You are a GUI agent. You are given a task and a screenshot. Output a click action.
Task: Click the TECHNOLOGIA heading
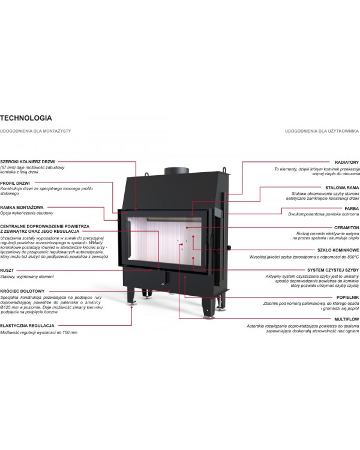click(x=26, y=118)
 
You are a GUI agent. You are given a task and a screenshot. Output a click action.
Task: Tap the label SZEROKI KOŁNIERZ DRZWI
click(x=28, y=162)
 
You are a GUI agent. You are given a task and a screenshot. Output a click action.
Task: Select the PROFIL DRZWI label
click(x=15, y=184)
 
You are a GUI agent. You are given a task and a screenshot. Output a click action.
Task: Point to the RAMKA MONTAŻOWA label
click(x=22, y=208)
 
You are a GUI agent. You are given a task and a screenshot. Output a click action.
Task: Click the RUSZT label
click(x=7, y=271)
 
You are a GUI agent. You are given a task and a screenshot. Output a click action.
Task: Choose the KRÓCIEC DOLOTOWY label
click(x=22, y=291)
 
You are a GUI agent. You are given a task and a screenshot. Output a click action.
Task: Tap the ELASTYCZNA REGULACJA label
click(x=27, y=326)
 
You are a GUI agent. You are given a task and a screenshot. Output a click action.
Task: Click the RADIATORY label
click(x=347, y=163)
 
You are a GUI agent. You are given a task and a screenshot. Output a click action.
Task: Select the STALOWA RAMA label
click(x=342, y=188)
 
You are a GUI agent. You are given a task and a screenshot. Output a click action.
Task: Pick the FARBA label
click(x=352, y=209)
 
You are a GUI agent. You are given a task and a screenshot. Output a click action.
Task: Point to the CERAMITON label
click(x=347, y=228)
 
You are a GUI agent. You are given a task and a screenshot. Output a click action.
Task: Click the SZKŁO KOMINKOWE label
click(x=338, y=250)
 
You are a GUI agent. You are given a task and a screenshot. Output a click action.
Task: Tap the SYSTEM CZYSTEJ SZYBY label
click(x=333, y=271)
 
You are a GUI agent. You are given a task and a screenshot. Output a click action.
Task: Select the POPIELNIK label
click(x=347, y=298)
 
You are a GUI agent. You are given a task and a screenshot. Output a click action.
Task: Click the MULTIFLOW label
click(x=347, y=319)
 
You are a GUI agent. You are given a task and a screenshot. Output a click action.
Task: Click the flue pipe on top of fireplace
click(x=176, y=170)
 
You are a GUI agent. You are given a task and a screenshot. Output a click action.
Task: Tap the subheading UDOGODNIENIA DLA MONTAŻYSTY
click(x=35, y=131)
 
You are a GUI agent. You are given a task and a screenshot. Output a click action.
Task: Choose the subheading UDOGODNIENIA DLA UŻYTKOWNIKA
click(x=322, y=131)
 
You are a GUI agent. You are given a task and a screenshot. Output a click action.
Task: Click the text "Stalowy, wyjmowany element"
click(x=27, y=277)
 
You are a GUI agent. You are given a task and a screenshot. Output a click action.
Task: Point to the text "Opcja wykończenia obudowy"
click(x=26, y=214)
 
